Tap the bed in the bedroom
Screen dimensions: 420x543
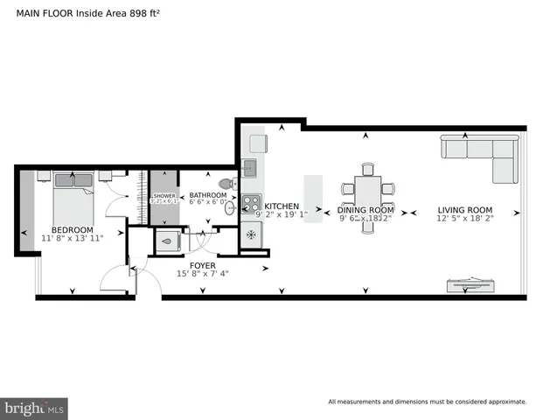tap(73, 197)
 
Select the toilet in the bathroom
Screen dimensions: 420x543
tap(226, 185)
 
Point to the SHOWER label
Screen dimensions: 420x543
tap(164, 196)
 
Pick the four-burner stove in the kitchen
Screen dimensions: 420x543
tap(251, 206)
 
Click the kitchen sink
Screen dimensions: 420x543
tap(249, 166)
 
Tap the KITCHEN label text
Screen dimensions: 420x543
tap(282, 206)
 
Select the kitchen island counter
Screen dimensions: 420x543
tap(313, 198)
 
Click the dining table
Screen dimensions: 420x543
tap(366, 188)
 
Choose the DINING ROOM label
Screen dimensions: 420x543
tap(366, 210)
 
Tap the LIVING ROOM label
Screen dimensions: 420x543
tap(464, 210)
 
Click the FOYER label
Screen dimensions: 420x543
tap(203, 264)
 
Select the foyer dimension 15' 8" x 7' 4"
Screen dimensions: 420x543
tap(203, 274)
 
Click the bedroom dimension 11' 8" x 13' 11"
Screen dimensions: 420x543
tap(73, 238)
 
